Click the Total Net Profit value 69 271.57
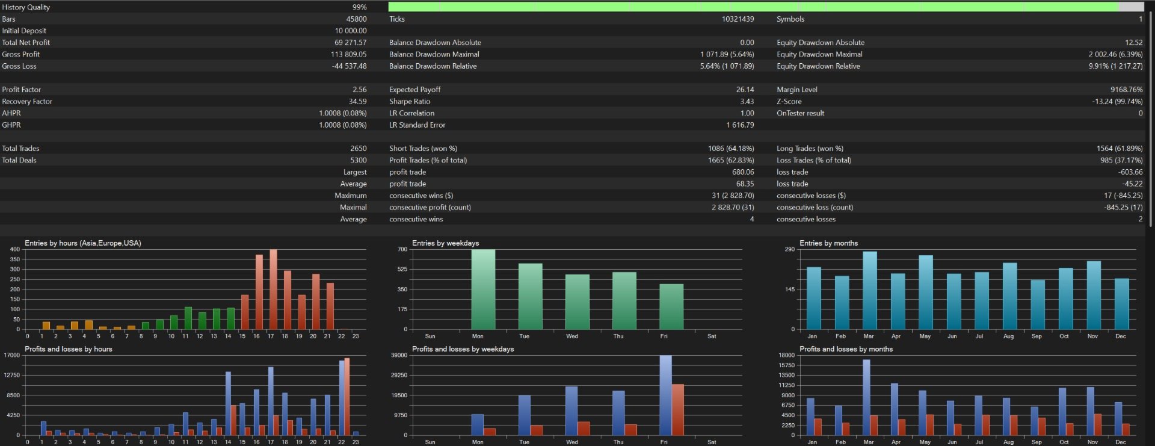pyautogui.click(x=351, y=43)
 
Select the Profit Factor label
pyautogui.click(x=22, y=90)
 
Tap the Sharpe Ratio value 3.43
pyautogui.click(x=747, y=102)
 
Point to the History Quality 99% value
pyautogui.click(x=360, y=7)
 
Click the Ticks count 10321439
pyautogui.click(x=738, y=19)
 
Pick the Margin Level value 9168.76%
pyautogui.click(x=1127, y=90)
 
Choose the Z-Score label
pyautogui.click(x=789, y=102)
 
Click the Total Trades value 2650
pyautogui.click(x=359, y=149)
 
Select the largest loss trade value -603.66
pyautogui.click(x=1130, y=172)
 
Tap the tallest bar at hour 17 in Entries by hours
pyautogui.click(x=273, y=290)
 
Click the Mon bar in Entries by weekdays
pyautogui.click(x=483, y=290)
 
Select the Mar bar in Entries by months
pyautogui.click(x=870, y=291)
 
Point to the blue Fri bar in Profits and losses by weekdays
pyautogui.click(x=665, y=395)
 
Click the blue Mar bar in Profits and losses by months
pyautogui.click(x=866, y=398)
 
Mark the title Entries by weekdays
pyautogui.click(x=446, y=243)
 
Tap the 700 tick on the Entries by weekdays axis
pyautogui.click(x=402, y=249)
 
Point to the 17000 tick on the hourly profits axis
pyautogui.click(x=12, y=355)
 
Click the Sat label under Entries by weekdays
pyautogui.click(x=712, y=336)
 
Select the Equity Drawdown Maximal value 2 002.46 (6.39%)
pyautogui.click(x=1115, y=55)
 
